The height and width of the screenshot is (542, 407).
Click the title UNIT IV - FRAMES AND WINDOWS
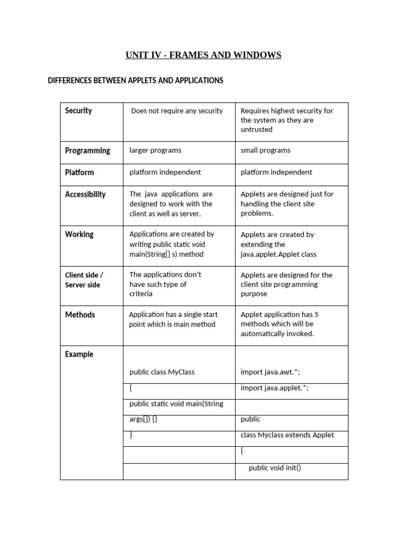(203, 55)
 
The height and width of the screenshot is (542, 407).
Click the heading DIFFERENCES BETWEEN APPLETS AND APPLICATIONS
(136, 80)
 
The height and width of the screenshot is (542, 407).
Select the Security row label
(78, 111)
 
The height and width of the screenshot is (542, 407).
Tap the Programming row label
(87, 150)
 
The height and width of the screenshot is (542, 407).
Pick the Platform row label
(79, 172)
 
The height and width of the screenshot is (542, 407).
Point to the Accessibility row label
(85, 194)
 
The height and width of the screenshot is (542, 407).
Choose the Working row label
(79, 234)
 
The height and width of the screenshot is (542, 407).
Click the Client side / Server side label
(84, 280)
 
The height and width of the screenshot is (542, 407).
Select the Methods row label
(80, 314)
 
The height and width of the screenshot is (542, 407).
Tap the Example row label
(79, 354)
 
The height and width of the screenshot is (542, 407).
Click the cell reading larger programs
(155, 150)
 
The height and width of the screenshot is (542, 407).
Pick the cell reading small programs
(266, 150)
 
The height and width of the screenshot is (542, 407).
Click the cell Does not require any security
(177, 111)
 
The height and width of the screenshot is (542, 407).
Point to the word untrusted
(256, 130)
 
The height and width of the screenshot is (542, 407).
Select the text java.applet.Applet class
(278, 254)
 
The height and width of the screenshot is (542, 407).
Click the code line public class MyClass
(162, 372)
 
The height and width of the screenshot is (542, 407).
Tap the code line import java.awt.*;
(270, 372)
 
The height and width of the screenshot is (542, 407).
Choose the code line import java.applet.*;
(275, 388)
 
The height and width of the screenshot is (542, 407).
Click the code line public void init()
(275, 467)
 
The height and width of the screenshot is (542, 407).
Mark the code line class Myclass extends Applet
(287, 435)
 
